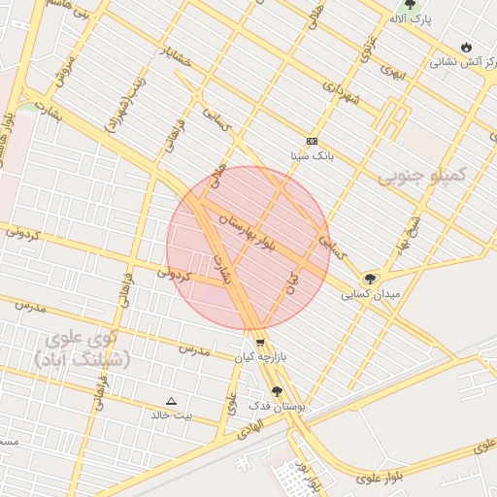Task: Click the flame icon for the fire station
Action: tap(467, 47)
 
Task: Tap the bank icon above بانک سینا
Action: tap(312, 141)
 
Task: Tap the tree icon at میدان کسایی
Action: tap(370, 279)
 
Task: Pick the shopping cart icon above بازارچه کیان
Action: tap(260, 343)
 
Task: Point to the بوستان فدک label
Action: tap(277, 407)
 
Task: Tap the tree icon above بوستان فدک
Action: tap(277, 392)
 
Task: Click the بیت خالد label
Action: tap(171, 414)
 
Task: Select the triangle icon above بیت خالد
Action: tap(172, 400)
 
